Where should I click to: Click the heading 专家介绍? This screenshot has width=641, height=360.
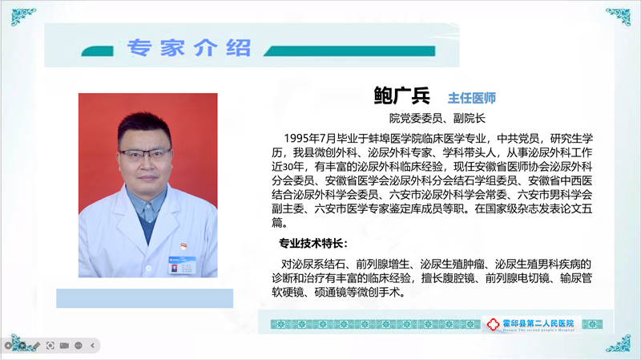[x=188, y=48]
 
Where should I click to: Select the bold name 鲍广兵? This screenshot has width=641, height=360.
[x=401, y=95]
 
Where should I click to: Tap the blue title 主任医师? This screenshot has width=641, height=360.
[x=472, y=98]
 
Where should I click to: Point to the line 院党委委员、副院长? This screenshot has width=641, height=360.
[x=437, y=119]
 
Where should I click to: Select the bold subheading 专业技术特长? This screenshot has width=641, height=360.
[x=311, y=244]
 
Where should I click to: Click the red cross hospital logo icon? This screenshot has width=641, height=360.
[x=493, y=325]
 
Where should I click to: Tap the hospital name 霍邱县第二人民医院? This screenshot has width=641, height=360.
[x=538, y=323]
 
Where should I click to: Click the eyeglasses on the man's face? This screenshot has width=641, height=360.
[x=145, y=155]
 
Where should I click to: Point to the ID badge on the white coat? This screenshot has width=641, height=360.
[x=183, y=265]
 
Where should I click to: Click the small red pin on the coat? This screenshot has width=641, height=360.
[x=184, y=246]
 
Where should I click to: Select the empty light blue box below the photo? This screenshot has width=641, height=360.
[x=145, y=298]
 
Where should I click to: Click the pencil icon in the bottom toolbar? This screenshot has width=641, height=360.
[x=36, y=346]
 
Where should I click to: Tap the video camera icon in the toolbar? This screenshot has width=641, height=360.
[x=64, y=346]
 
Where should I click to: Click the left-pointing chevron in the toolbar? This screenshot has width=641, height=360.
[x=92, y=346]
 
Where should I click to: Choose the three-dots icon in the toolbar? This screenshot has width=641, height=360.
[x=79, y=346]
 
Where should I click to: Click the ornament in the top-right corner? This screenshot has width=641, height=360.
[x=619, y=16]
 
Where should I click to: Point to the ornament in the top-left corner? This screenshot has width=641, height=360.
[x=23, y=16]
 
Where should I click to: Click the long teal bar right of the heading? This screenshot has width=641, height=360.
[x=349, y=51]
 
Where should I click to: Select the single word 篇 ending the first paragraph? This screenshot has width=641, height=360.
[x=277, y=223]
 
